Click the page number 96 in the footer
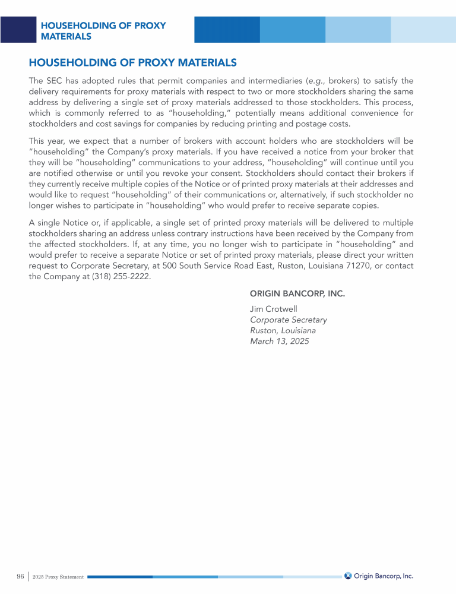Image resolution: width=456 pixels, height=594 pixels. pos(20,576)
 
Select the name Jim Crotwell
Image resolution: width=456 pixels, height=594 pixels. pos(274,309)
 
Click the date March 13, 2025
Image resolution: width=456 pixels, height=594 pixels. pos(280,342)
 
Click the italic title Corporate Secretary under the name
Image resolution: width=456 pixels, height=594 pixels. pos(289,320)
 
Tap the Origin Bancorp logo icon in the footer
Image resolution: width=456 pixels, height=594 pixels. pos(348,576)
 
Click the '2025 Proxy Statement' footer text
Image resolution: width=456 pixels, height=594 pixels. pos(58,577)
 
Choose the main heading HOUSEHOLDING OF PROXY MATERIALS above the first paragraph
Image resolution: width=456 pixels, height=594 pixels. pos(133,62)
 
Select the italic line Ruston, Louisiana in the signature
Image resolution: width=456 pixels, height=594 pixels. pos(283,331)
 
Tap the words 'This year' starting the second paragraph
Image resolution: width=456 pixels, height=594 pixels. pos(48,141)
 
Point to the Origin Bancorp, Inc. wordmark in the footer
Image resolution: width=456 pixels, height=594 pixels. pos(384,576)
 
